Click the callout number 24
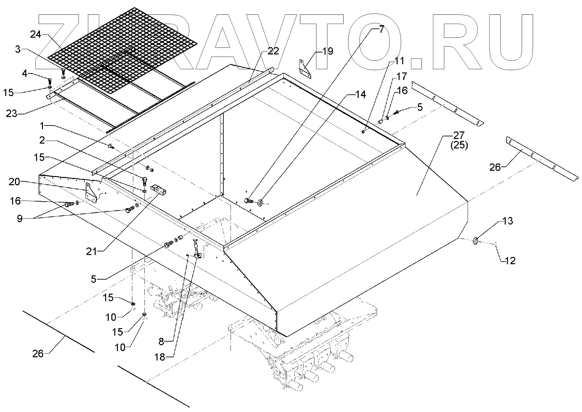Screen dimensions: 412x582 click(36, 34)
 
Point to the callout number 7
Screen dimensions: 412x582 click(381, 29)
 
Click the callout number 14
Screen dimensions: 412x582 click(361, 95)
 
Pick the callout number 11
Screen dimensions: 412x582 click(400, 61)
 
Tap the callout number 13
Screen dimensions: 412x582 click(507, 221)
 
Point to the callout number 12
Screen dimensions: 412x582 click(510, 261)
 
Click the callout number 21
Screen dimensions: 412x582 click(92, 251)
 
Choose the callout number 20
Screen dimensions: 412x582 click(14, 182)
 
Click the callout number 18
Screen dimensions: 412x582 click(160, 357)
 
